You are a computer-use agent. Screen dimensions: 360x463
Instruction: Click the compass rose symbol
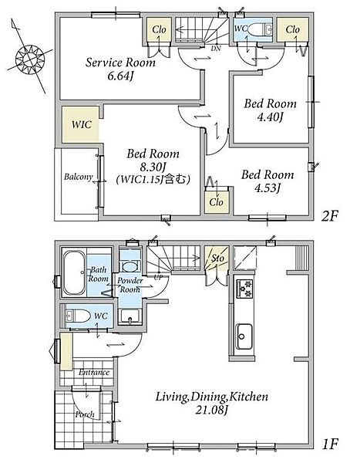pyautogui.click(x=30, y=59)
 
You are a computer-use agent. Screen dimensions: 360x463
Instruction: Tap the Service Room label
pyautogui.click(x=120, y=63)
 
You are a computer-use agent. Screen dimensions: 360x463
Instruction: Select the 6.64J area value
pyautogui.click(x=119, y=76)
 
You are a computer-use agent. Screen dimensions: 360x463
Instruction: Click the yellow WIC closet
pyautogui.click(x=81, y=124)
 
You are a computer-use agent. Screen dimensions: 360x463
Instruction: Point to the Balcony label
pyautogui.click(x=78, y=177)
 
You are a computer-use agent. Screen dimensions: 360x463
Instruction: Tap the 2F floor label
pyautogui.click(x=329, y=216)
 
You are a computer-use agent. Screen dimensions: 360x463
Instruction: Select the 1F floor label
pyautogui.click(x=330, y=444)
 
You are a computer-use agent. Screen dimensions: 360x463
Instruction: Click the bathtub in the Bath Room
pyautogui.click(x=74, y=272)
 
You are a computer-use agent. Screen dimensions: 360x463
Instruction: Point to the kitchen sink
pyautogui.click(x=244, y=336)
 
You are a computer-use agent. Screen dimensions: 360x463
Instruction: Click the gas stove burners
pyautogui.click(x=244, y=289)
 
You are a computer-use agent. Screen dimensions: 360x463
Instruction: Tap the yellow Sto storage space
pyautogui.click(x=217, y=259)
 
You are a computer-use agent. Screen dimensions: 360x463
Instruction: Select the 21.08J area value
pyautogui.click(x=211, y=410)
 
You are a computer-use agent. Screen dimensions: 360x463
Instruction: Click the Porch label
pyautogui.click(x=85, y=414)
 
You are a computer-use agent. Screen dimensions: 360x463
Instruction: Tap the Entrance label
pyautogui.click(x=94, y=373)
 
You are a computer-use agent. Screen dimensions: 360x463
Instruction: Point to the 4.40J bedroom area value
pyautogui.click(x=271, y=117)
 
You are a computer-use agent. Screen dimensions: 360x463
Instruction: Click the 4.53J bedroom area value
pyautogui.click(x=267, y=188)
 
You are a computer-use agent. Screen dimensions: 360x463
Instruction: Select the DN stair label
pyautogui.click(x=216, y=49)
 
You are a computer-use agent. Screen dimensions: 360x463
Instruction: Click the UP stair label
pyautogui.click(x=159, y=277)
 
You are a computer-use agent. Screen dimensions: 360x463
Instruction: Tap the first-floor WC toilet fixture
pyautogui.click(x=78, y=316)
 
